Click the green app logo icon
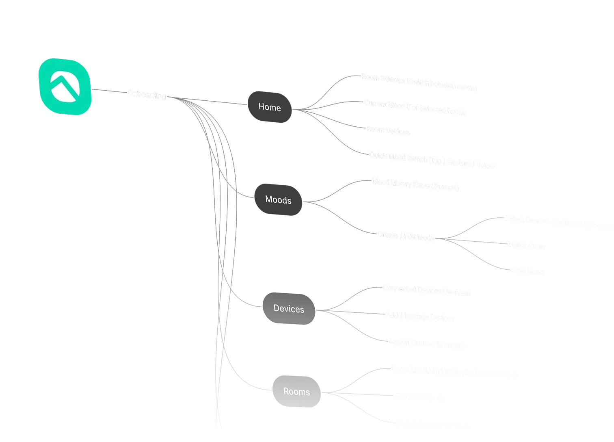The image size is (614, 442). pyautogui.click(x=65, y=87)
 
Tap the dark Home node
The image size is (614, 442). pyautogui.click(x=270, y=107)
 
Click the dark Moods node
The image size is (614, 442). pyautogui.click(x=278, y=199)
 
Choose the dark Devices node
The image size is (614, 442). pyautogui.click(x=289, y=309)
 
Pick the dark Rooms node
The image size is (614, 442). pyautogui.click(x=296, y=392)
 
